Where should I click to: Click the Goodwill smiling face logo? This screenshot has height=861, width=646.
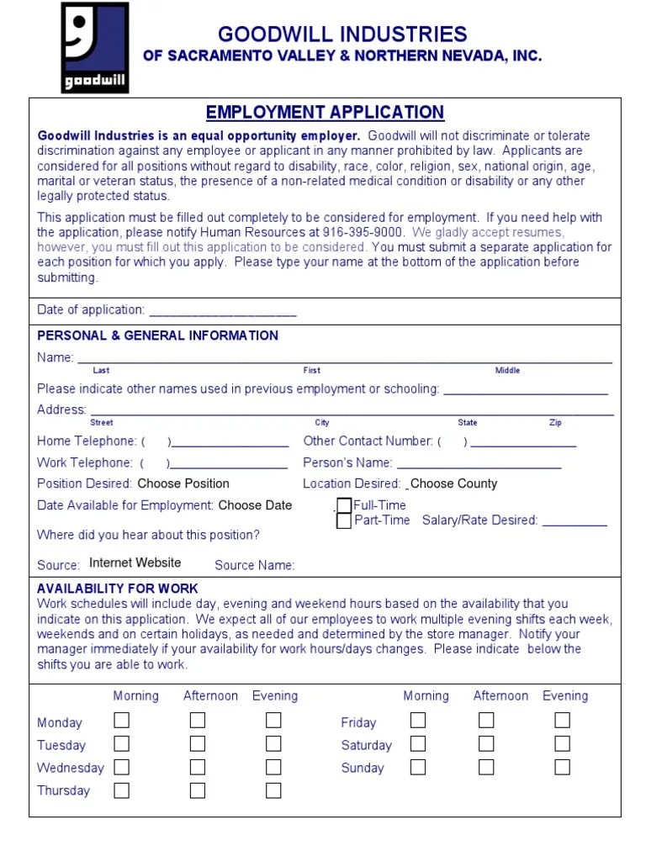click(x=95, y=47)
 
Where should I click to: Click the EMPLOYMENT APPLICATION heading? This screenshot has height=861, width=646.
click(x=325, y=113)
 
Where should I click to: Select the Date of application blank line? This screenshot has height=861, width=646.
click(x=222, y=311)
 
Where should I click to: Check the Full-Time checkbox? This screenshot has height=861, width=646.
click(x=344, y=505)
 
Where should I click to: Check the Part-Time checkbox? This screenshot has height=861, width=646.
click(x=344, y=521)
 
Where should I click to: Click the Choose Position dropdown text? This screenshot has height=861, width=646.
click(x=183, y=483)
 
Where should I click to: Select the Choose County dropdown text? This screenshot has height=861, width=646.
click(x=453, y=483)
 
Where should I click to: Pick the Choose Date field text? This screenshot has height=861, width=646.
click(x=255, y=505)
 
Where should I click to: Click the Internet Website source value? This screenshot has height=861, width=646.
click(x=135, y=563)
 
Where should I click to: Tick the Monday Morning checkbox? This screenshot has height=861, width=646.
click(x=122, y=721)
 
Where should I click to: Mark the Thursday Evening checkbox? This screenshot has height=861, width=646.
click(x=273, y=790)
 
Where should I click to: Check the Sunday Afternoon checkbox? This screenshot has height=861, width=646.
click(x=486, y=767)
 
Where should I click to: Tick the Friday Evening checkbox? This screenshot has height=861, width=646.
click(x=562, y=721)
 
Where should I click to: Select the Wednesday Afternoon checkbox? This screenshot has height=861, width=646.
click(x=198, y=767)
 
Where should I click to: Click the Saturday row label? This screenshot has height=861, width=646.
click(x=366, y=745)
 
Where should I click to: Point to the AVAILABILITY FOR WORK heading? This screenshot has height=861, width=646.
click(x=118, y=589)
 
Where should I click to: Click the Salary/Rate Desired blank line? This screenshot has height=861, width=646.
click(x=575, y=521)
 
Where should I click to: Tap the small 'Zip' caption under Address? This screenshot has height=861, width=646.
click(x=555, y=423)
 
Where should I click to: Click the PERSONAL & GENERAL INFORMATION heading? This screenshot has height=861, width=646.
click(x=157, y=335)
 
